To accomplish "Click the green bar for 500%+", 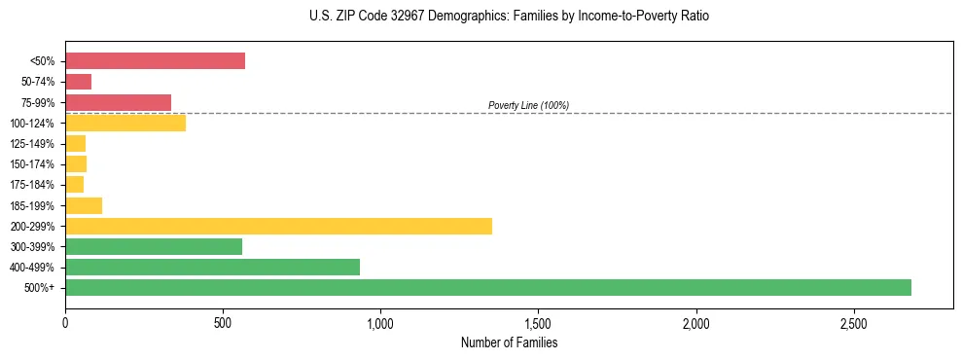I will coord(488,287).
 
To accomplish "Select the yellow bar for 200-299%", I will coord(278,226).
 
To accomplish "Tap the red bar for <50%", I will coord(155,61).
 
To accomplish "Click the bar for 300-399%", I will coord(154,246).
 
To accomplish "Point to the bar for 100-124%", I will coord(125,123).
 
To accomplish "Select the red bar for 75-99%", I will coord(118,102).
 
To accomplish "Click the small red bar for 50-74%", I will coord(78,82).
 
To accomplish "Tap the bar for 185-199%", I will coord(84,205).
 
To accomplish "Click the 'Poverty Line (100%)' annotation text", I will coord(528,105).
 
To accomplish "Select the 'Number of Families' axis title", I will coord(509,342).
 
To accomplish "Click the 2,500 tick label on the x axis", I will coord(853,322).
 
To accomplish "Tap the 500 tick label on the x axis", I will coord(223,322).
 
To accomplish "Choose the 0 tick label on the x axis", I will coord(65,322).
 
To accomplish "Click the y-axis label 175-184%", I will coord(32,185).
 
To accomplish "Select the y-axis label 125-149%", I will coord(32,144).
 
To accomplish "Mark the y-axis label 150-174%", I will coord(32,164).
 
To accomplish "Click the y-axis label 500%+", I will coord(39,288).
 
